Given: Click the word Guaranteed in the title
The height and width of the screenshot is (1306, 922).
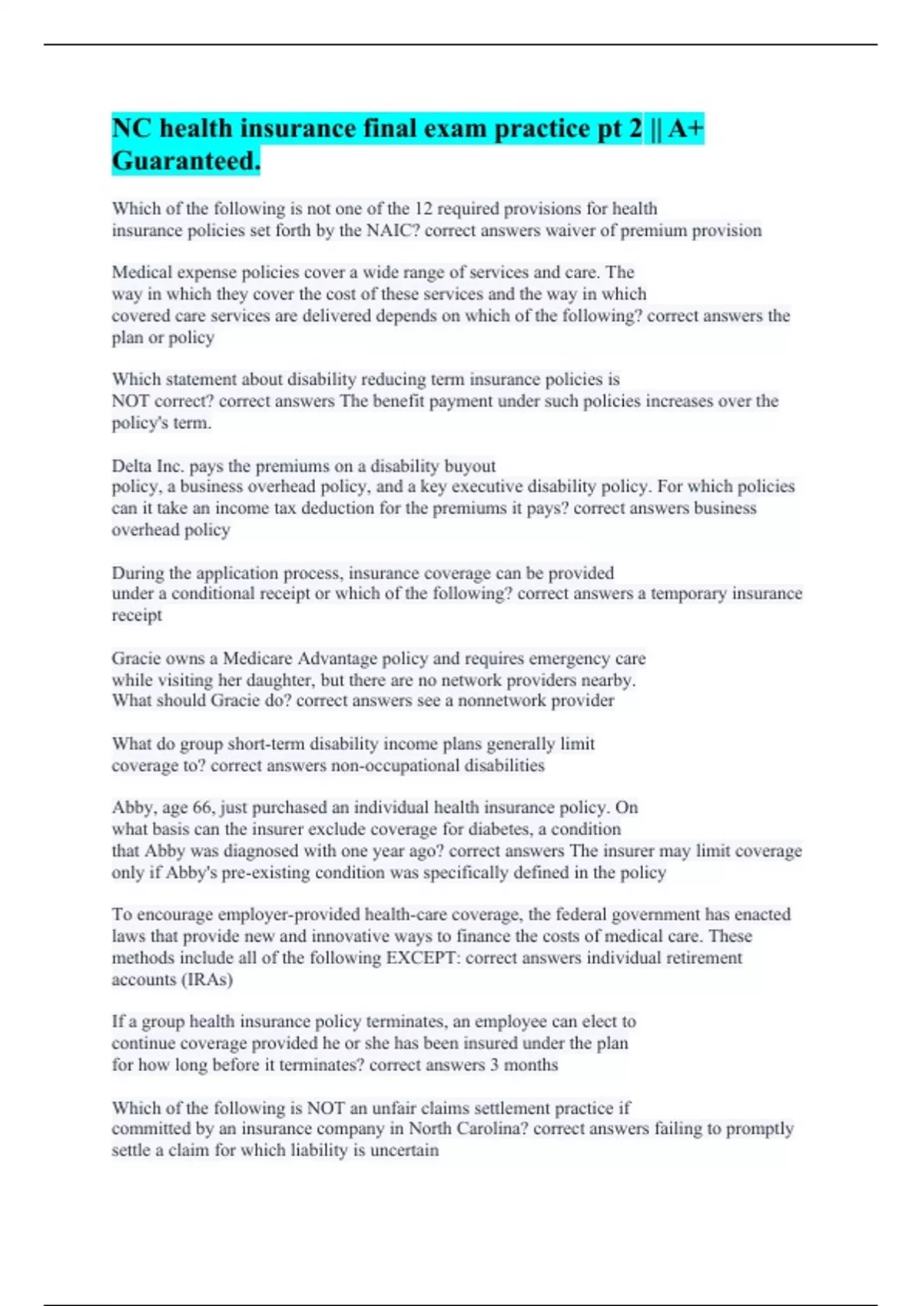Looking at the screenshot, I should click(x=184, y=161).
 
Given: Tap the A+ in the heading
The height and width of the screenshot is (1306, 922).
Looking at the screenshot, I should click(x=685, y=128).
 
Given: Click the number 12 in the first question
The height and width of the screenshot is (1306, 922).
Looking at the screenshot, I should click(x=423, y=209).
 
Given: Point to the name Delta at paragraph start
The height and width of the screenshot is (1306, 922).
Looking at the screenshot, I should click(x=131, y=466).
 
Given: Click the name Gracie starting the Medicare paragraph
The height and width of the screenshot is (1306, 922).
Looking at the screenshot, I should click(x=136, y=659).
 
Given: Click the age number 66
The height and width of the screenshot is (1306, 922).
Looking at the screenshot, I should click(x=201, y=807).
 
